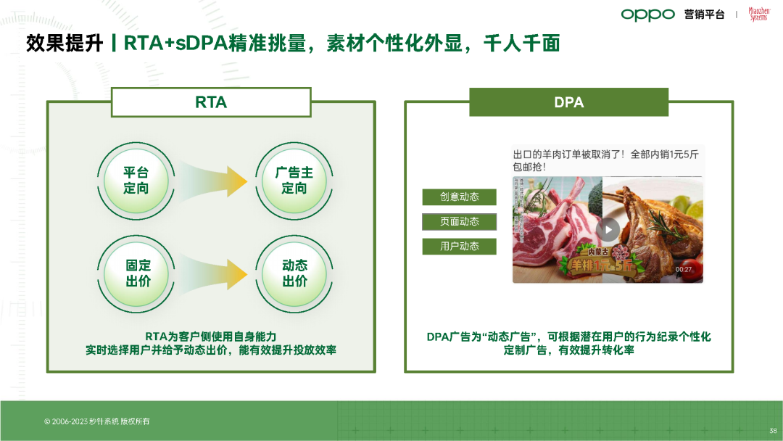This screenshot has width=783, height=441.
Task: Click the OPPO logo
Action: [647, 15]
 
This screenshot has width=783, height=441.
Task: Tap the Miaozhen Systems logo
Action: [758, 15]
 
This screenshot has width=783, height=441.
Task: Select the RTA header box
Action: [211, 102]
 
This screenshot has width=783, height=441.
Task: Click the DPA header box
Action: [568, 102]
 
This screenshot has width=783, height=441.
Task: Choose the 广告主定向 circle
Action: [294, 180]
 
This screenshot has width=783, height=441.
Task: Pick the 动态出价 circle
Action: [294, 273]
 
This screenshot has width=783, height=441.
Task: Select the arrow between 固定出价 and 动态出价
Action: [215, 273]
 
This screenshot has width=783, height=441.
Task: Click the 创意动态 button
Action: [460, 197]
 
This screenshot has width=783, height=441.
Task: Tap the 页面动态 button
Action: [460, 221]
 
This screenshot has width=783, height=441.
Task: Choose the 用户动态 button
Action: [460, 246]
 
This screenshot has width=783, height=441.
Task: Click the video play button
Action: [608, 230]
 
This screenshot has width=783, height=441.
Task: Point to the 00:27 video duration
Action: [684, 270]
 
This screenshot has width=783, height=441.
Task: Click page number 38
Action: [773, 429]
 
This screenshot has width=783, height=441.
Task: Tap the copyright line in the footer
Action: [97, 421]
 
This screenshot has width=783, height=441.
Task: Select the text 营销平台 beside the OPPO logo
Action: [704, 15]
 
